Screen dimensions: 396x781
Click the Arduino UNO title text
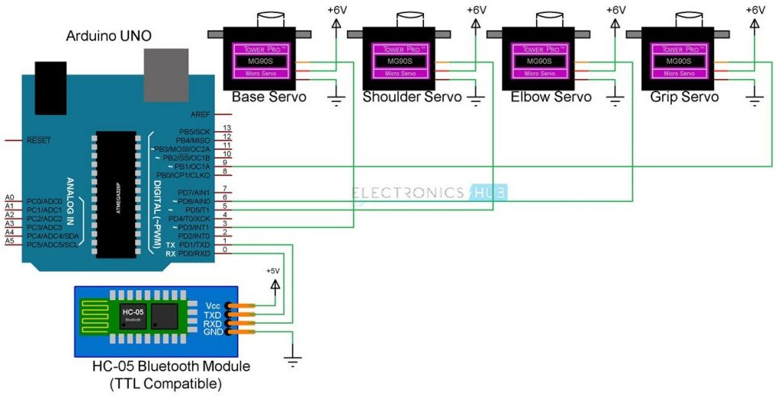(x=108, y=36)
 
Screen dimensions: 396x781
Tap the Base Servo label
(x=268, y=97)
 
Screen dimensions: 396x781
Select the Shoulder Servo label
(x=412, y=97)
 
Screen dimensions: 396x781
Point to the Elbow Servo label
(x=551, y=97)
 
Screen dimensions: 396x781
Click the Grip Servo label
(x=684, y=97)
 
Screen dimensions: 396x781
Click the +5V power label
(x=274, y=271)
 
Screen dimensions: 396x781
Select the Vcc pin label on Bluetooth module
(x=213, y=305)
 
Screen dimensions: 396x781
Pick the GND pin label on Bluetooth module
(x=213, y=333)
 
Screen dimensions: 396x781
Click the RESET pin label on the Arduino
(x=39, y=141)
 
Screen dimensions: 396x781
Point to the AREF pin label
(x=201, y=113)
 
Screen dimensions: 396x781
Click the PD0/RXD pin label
(x=194, y=254)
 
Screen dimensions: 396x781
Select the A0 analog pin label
(x=9, y=197)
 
